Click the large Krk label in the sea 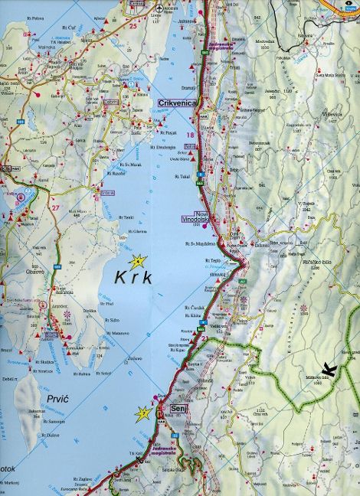[x=135, y=277]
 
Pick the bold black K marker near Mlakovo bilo [x=329, y=370]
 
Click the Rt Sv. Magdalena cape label [x=200, y=246]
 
